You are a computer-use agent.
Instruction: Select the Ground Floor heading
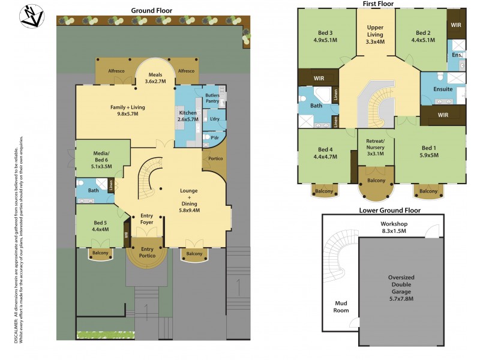point(152,10)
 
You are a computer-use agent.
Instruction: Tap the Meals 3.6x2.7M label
point(155,78)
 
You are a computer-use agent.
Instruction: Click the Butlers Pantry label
point(212,99)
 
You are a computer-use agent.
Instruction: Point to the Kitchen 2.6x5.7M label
point(188,116)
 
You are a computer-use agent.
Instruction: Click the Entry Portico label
point(147,252)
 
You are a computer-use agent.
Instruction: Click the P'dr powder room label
point(215,137)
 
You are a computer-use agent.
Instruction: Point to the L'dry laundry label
point(214,119)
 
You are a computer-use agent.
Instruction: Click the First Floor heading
point(378,4)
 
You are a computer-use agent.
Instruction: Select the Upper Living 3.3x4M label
point(376,34)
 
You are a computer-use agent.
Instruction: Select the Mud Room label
point(341,307)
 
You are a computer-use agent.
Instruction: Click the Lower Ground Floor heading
point(389,211)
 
